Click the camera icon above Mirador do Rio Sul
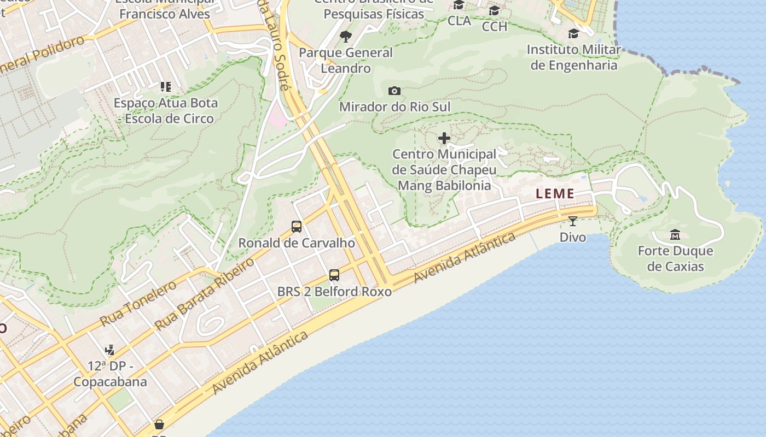pos(394,91)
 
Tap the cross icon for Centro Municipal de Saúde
pos(444,138)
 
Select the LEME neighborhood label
pos(555,193)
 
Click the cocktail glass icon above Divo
pos(572,221)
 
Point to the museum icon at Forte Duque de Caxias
pos(675,234)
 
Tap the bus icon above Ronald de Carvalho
pos(297,226)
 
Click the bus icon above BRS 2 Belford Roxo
pos(334,275)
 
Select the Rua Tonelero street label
pos(138,303)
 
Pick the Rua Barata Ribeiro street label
pos(205,294)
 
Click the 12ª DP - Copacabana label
pos(110,374)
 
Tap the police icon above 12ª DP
pos(109,350)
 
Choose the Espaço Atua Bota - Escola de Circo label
pos(166,110)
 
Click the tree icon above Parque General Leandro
pos(345,37)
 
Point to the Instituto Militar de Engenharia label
pos(574,57)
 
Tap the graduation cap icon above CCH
pos(494,11)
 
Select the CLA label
pos(459,21)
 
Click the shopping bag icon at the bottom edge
pos(159,424)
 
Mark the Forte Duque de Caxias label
pos(675,259)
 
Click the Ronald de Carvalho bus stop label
pos(297,243)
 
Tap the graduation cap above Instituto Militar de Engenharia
pos(573,34)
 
